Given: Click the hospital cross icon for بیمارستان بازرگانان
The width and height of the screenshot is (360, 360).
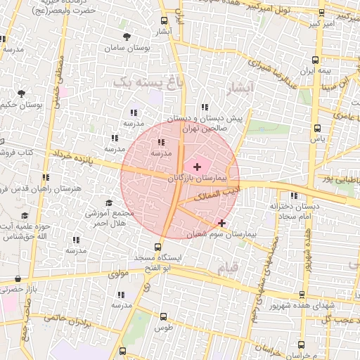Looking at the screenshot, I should pyautogui.click(x=196, y=167).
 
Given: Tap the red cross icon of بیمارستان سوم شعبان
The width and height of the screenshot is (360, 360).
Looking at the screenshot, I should pyautogui.click(x=222, y=223).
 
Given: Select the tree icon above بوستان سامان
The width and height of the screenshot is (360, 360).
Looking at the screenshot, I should pyautogui.click(x=127, y=37).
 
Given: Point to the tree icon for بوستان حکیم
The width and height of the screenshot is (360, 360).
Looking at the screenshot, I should pyautogui.click(x=21, y=93).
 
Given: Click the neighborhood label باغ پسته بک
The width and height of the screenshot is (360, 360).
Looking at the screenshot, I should pyautogui.click(x=141, y=82).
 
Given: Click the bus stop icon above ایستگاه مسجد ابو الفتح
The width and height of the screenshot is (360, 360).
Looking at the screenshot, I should pyautogui.click(x=157, y=247).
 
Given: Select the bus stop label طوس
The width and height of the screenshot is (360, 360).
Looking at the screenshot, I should pyautogui.click(x=163, y=328).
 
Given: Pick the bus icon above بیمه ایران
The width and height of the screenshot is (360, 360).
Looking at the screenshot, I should pyautogui.click(x=315, y=60).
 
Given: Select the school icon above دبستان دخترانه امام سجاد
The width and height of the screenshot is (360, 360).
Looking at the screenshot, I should pyautogui.click(x=293, y=195).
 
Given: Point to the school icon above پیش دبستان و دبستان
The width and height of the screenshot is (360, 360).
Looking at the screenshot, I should pyautogui.click(x=204, y=107).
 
